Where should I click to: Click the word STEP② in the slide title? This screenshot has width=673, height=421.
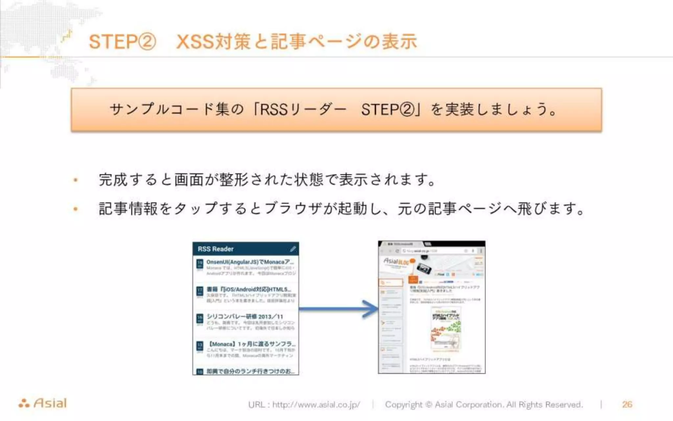[122, 42]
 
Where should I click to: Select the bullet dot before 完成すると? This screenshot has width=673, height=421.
[76, 180]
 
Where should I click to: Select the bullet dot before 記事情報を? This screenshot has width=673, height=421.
[76, 209]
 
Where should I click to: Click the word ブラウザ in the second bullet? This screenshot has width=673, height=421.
[292, 209]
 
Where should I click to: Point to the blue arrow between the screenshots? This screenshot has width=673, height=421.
[338, 309]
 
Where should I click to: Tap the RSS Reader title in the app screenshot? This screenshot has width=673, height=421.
[216, 249]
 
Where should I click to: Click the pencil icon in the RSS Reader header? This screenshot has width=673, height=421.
[293, 249]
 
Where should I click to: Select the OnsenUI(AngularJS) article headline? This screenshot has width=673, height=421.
[250, 262]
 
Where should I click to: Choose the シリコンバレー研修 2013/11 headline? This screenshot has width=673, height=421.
[244, 316]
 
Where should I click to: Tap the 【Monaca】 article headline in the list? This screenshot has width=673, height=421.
[252, 344]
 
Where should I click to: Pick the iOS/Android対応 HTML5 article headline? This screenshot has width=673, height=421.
[249, 289]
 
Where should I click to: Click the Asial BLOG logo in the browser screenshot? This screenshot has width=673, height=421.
[396, 262]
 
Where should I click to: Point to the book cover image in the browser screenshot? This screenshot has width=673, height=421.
[446, 328]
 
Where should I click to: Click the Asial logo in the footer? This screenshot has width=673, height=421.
[43, 403]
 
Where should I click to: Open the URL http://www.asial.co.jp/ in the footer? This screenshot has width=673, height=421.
[316, 405]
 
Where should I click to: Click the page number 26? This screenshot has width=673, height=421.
[627, 404]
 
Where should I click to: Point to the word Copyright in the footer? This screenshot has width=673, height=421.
[404, 405]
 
